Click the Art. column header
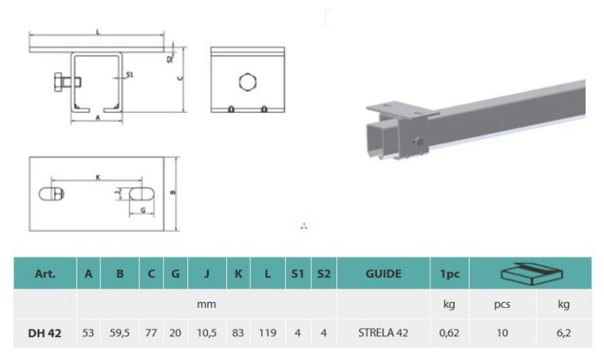(45, 274)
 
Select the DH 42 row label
(44, 333)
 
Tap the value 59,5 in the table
(119, 333)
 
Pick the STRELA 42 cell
(383, 332)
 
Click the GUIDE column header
(383, 274)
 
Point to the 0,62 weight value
(449, 333)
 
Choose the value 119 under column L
(268, 332)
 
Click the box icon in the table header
(531, 274)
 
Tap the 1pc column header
(450, 274)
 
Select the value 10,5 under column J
(207, 333)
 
